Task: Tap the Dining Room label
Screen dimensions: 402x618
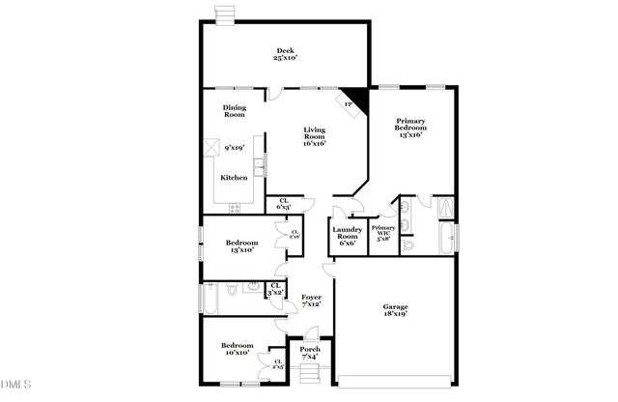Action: click(235, 111)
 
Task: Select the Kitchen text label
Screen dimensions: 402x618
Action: click(235, 178)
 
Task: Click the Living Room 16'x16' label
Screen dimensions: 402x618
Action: click(315, 137)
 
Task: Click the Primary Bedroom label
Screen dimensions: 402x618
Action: click(409, 128)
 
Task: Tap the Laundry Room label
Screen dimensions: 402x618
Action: click(348, 237)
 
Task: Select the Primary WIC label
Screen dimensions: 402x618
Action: click(383, 233)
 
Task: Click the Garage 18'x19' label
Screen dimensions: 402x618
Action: click(395, 311)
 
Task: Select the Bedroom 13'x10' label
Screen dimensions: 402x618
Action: click(241, 246)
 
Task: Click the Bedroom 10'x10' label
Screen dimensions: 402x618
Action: click(237, 349)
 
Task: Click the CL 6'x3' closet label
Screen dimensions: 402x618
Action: click(284, 205)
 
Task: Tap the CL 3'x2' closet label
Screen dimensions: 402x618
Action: click(275, 288)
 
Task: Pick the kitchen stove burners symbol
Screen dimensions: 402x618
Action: click(234, 208)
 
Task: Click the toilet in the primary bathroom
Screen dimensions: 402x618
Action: click(408, 246)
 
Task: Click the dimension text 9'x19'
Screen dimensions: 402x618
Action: click(234, 149)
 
